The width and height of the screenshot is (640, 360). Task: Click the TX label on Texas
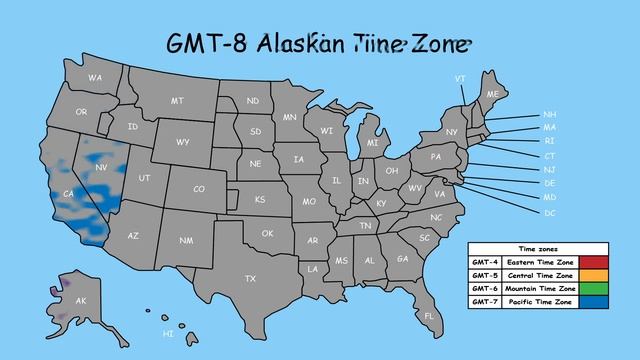(251, 278)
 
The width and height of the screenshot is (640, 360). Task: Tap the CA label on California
(69, 193)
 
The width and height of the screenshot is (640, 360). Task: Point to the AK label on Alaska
(81, 301)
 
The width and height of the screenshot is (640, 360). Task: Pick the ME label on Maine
(492, 94)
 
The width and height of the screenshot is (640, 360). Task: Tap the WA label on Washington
(95, 77)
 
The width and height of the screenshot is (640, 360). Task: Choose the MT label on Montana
(177, 101)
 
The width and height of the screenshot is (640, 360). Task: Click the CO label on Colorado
(199, 189)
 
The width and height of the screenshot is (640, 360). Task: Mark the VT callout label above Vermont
(460, 78)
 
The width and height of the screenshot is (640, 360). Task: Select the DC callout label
(549, 213)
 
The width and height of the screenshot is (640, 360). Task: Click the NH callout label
(549, 114)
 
